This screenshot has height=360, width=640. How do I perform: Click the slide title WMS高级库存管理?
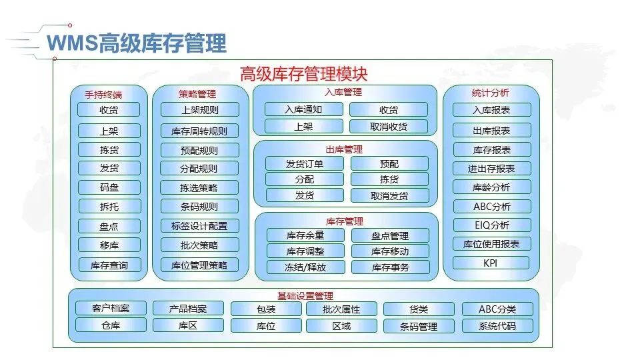tap(137, 43)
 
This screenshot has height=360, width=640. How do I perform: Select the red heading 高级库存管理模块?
tap(303, 73)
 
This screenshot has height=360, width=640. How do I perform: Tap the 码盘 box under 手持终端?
tap(109, 187)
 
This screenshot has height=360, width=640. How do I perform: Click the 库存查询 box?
tap(109, 265)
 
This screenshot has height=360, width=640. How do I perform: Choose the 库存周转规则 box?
tap(199, 131)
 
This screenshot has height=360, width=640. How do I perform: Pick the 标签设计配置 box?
tap(199, 226)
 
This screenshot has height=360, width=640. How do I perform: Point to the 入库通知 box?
tap(303, 109)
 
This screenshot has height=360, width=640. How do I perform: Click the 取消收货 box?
tap(389, 126)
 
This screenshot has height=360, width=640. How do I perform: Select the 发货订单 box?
tap(305, 163)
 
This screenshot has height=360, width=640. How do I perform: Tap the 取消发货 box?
tap(389, 195)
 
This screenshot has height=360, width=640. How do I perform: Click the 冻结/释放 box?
tap(305, 267)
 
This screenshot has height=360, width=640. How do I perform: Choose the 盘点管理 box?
tap(390, 235)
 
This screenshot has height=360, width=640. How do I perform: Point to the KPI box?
tap(491, 263)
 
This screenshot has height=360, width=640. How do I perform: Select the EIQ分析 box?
tap(491, 225)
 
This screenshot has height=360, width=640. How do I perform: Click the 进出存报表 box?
tap(491, 168)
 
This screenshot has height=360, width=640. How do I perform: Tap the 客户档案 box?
tap(111, 308)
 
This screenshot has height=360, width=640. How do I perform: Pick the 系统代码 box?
tap(497, 326)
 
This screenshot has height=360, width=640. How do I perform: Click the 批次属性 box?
tap(341, 309)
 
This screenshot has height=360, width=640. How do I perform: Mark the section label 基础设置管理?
tap(305, 295)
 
